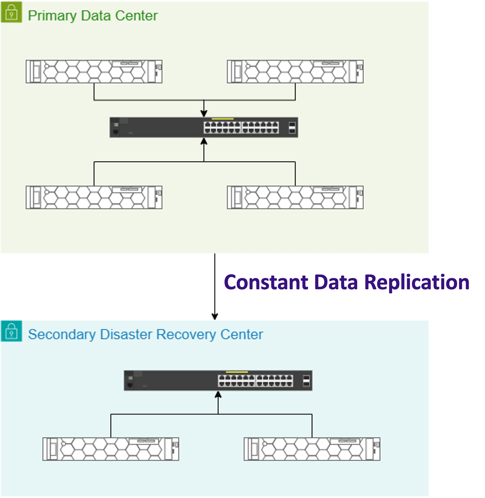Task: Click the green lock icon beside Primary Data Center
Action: pos(11,12)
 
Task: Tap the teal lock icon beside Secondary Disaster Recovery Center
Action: pos(11,331)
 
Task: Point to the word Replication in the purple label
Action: pos(416,282)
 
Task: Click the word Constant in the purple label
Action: pos(266,282)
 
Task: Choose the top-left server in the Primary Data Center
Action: pos(94,72)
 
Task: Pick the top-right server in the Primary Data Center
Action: pos(295,72)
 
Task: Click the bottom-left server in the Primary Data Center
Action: pos(94,197)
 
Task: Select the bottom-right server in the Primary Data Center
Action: pos(295,197)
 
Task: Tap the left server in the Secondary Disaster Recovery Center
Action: pos(111,449)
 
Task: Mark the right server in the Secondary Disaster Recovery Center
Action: pos(312,449)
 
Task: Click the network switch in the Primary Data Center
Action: pos(204,127)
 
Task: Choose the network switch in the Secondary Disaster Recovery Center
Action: pos(218,380)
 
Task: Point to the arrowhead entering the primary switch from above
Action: pos(204,113)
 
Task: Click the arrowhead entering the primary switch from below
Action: pos(204,141)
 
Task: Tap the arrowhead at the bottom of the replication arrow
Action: pos(215,317)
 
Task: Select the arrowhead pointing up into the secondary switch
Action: pos(218,395)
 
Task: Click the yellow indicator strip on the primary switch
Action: pos(222,119)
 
